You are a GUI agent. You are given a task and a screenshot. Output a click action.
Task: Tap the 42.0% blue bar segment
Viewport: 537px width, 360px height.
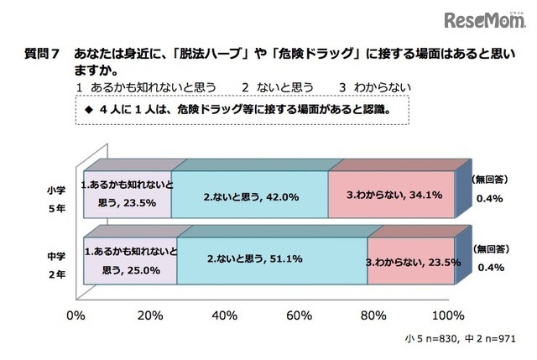click(249, 195)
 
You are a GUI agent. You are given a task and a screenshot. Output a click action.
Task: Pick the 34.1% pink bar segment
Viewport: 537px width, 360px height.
click(391, 195)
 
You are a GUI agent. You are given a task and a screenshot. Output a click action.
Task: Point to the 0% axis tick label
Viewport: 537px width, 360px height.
click(76, 316)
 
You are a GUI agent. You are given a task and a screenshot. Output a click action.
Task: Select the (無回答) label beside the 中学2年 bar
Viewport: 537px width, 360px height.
click(489, 249)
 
